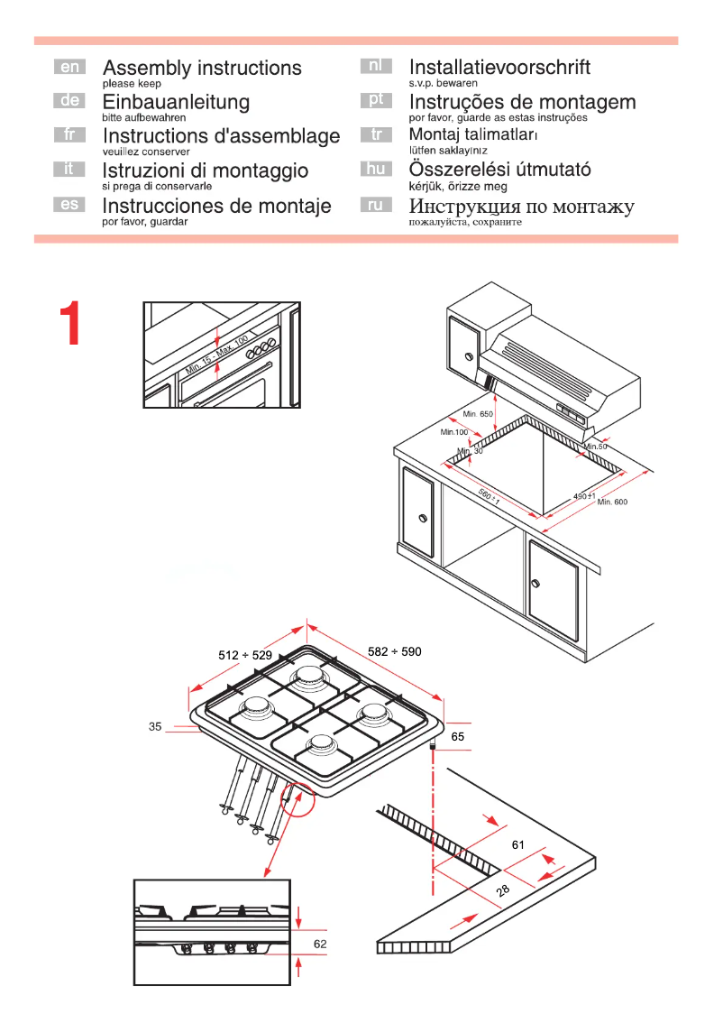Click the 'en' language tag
pyautogui.click(x=69, y=67)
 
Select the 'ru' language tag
pyautogui.click(x=376, y=205)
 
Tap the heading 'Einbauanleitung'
pyautogui.click(x=176, y=103)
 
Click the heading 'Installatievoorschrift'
pyautogui.click(x=499, y=68)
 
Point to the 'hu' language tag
pyautogui.click(x=376, y=169)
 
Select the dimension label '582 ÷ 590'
pyautogui.click(x=394, y=651)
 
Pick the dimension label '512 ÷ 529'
pyautogui.click(x=244, y=656)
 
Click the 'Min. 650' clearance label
pyautogui.click(x=479, y=414)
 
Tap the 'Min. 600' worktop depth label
pyautogui.click(x=612, y=502)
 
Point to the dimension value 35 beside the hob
pyautogui.click(x=155, y=726)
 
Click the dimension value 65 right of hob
pyautogui.click(x=457, y=737)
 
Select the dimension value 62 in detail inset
pyautogui.click(x=320, y=944)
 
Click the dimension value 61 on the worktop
pyautogui.click(x=517, y=845)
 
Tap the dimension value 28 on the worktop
pyautogui.click(x=503, y=891)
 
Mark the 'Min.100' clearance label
pyautogui.click(x=453, y=433)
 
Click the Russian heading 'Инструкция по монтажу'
pyautogui.click(x=521, y=207)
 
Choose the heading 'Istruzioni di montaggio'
pyautogui.click(x=205, y=170)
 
